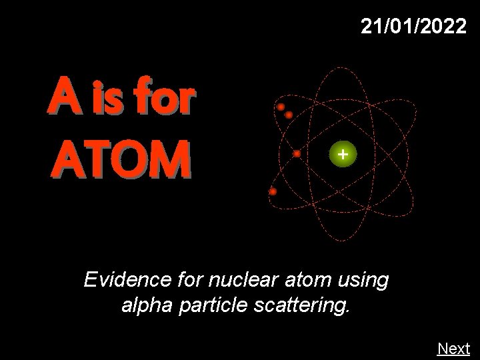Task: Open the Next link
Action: [453, 349]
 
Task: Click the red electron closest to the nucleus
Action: [297, 154]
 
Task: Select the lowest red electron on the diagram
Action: [273, 192]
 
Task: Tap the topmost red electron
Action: [281, 107]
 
